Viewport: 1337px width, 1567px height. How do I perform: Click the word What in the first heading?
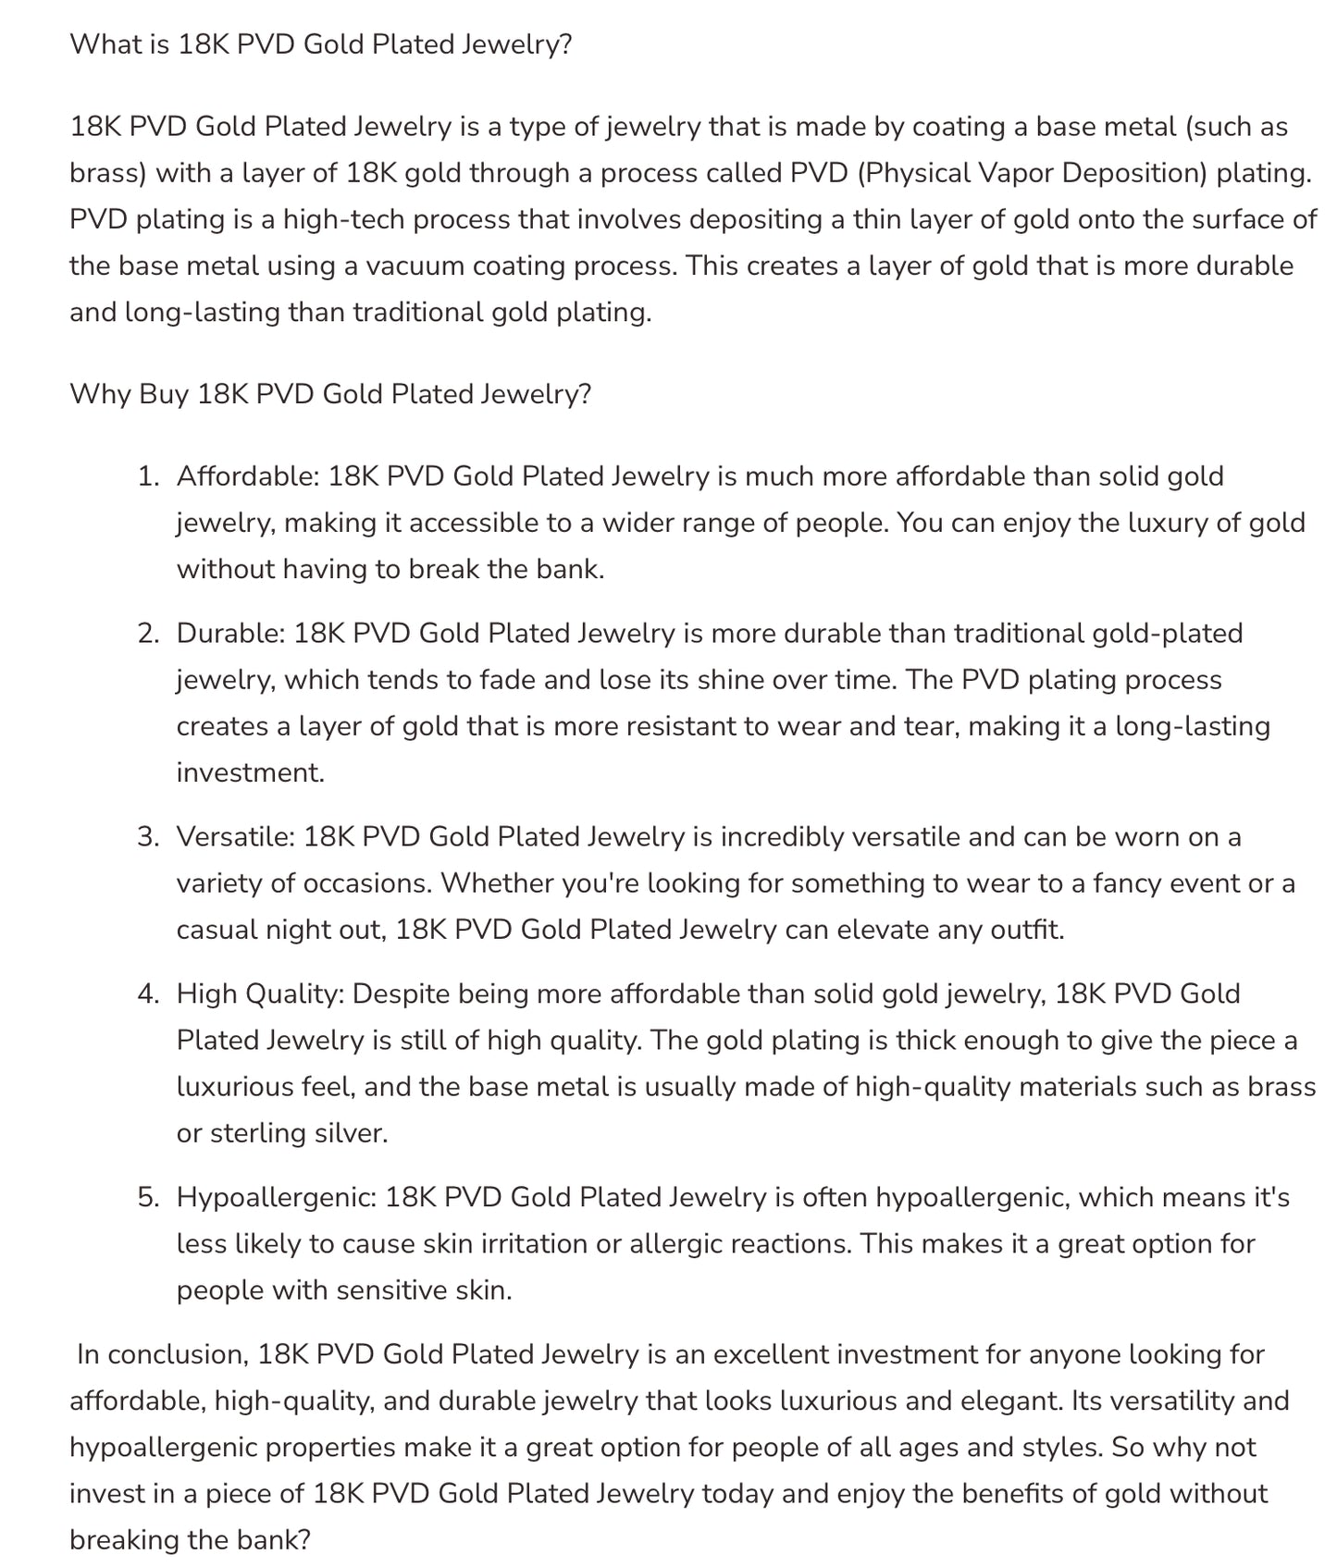pyautogui.click(x=106, y=44)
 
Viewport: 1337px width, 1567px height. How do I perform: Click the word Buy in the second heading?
pyautogui.click(x=164, y=394)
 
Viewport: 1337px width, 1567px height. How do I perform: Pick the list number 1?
pyautogui.click(x=147, y=476)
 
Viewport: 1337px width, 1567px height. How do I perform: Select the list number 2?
pyautogui.click(x=147, y=634)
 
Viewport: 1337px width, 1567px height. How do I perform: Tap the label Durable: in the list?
pyautogui.click(x=230, y=634)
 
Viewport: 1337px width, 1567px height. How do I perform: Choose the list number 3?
pyautogui.click(x=147, y=837)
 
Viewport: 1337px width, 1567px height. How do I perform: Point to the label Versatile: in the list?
pyautogui.click(x=236, y=837)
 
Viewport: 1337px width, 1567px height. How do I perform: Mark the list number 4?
pyautogui.click(x=147, y=994)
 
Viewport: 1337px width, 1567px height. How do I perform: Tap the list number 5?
pyautogui.click(x=147, y=1198)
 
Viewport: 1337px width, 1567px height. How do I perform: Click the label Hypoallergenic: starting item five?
pyautogui.click(x=277, y=1198)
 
